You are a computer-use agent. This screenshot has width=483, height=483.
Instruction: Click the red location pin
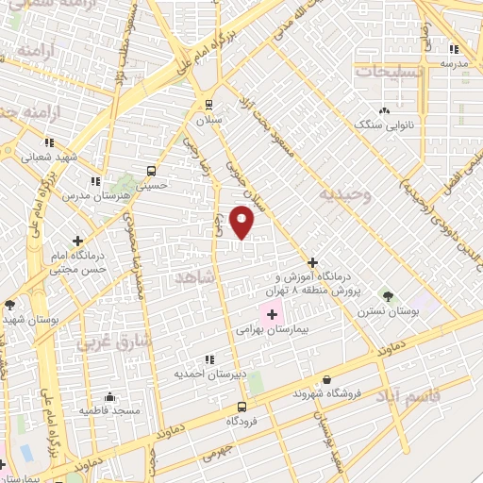[243, 221]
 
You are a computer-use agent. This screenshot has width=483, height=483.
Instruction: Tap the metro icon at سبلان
[208, 105]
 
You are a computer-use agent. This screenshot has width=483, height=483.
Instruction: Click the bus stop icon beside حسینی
[151, 171]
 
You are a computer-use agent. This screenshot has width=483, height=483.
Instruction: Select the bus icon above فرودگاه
[242, 408]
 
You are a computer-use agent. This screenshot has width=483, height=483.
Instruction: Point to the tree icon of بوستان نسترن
[385, 295]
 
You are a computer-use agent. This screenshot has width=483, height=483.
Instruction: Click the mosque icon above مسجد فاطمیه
[110, 396]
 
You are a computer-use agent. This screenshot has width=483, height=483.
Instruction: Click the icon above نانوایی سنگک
[384, 109]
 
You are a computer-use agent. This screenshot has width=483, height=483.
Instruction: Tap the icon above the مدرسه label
[454, 49]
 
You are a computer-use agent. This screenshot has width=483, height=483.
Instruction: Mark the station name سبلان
[208, 122]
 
